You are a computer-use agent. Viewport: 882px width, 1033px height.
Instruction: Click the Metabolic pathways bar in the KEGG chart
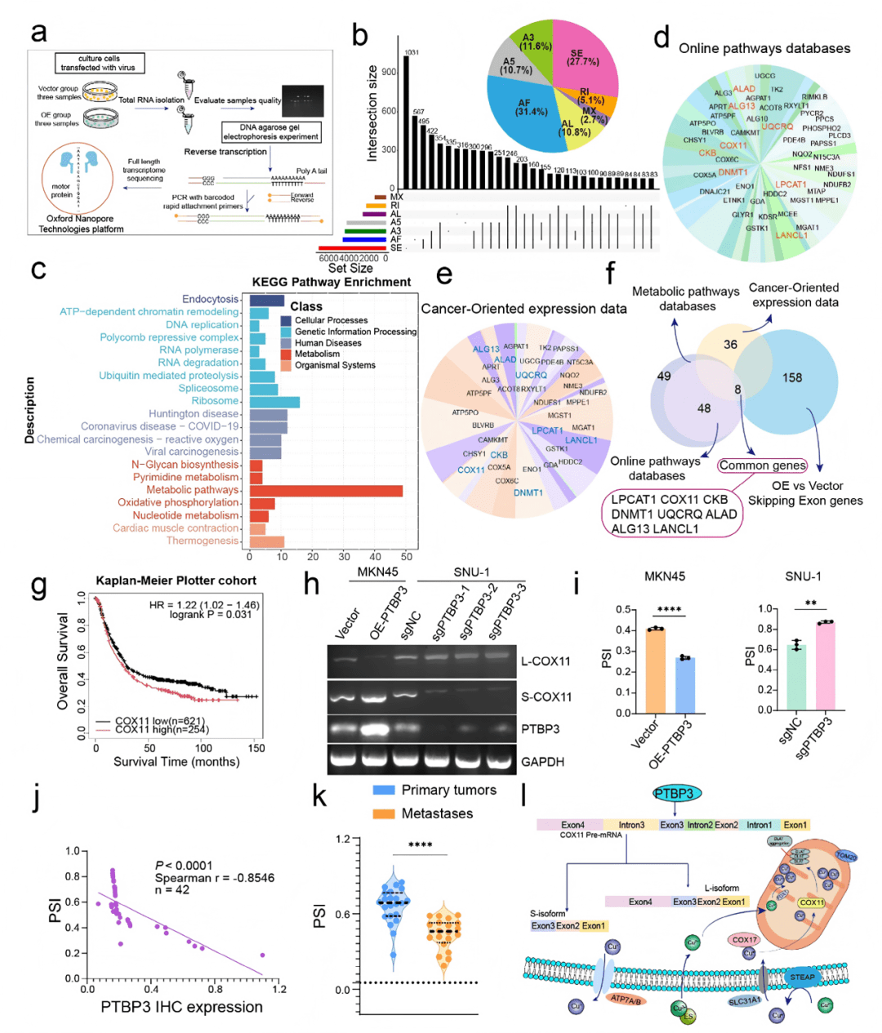(x=326, y=491)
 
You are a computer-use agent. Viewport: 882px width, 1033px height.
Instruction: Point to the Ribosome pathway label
(x=215, y=401)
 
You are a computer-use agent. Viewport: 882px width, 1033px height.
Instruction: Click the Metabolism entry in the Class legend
(x=317, y=354)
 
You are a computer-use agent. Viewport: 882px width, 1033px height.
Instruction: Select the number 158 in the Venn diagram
(x=792, y=378)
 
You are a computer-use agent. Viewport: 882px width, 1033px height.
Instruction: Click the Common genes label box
(x=762, y=465)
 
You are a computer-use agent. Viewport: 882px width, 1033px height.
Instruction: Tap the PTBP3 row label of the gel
(x=540, y=728)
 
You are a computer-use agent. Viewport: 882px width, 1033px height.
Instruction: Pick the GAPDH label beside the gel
(x=542, y=762)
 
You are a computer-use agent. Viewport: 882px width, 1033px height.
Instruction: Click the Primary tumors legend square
(x=384, y=790)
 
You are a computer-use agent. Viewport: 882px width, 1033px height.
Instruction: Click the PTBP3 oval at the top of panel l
(x=677, y=793)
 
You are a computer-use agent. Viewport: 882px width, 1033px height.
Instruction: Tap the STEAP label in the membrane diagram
(x=802, y=977)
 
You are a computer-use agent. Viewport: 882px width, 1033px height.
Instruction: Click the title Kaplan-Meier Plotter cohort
(x=176, y=581)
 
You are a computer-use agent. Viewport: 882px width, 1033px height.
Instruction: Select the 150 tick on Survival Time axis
(x=256, y=748)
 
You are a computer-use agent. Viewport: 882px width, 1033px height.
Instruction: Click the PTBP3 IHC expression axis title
(x=181, y=1008)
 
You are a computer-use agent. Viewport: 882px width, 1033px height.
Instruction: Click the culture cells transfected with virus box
(x=100, y=63)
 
